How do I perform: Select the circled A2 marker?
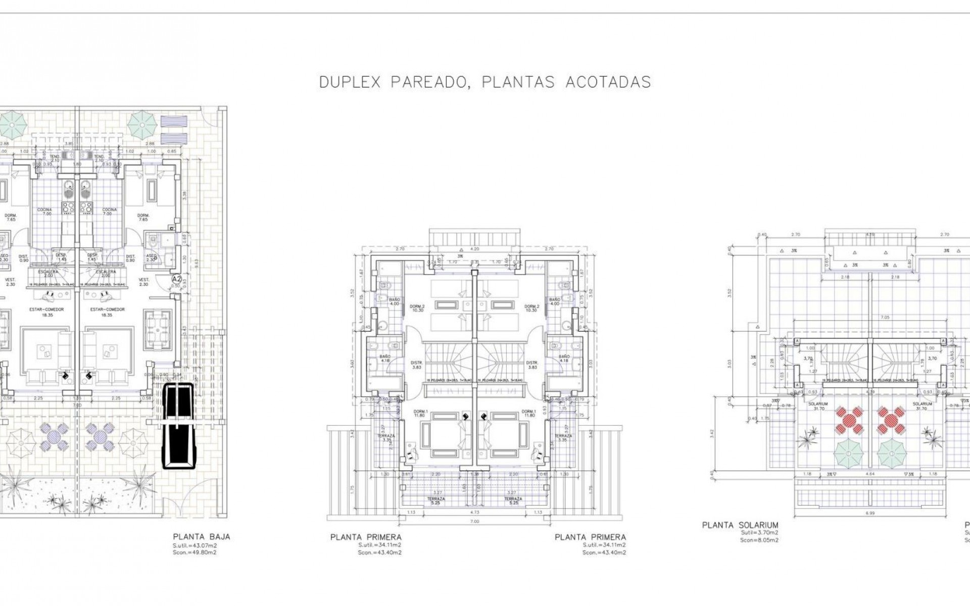[177, 278]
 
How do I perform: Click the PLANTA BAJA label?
[201, 537]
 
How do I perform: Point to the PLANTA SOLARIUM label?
[740, 525]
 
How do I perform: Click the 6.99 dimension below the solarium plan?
[869, 513]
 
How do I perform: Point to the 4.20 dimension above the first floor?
[474, 249]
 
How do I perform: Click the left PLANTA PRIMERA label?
[366, 537]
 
